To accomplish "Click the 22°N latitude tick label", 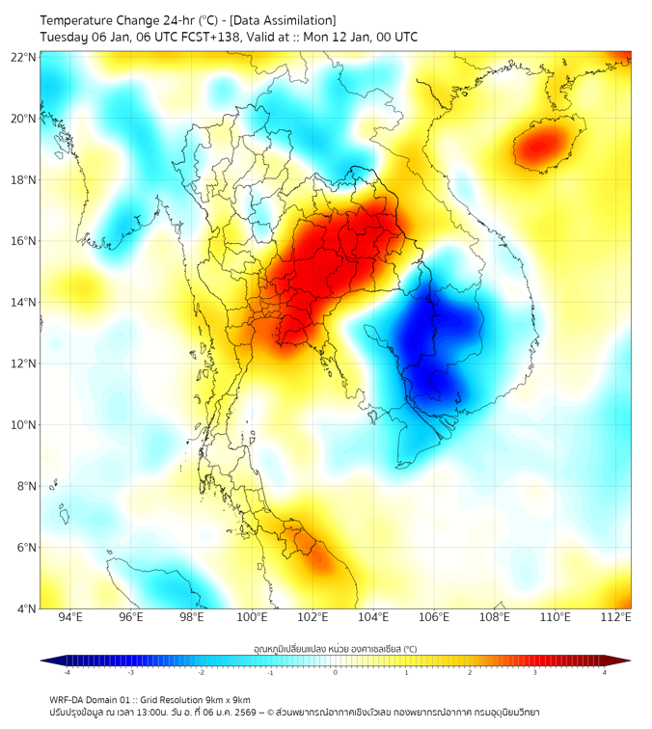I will tap(24, 57).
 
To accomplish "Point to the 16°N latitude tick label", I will tap(24, 241).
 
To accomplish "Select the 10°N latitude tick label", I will tap(24, 424).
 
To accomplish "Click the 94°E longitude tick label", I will tap(70, 617).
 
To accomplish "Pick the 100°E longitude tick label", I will tap(253, 617).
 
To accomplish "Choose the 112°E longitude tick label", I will tap(616, 617).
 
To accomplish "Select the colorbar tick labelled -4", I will tap(66, 672).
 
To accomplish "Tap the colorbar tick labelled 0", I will tap(336, 672).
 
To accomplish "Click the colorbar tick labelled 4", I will tap(605, 672).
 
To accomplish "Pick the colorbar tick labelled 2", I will tap(470, 672).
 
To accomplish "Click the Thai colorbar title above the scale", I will tap(335, 649).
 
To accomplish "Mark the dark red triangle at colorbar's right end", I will tap(622, 661).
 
